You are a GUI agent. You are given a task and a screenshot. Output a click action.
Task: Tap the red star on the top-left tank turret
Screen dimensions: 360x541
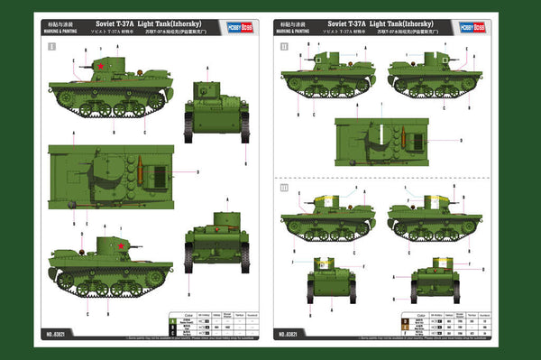[x=102, y=67]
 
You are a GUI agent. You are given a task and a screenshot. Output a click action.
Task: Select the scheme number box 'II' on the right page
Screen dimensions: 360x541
[x=285, y=44]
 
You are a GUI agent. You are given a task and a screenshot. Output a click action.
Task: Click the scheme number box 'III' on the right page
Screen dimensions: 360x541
[x=285, y=189]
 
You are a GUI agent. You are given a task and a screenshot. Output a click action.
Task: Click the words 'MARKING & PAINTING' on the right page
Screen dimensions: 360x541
[x=299, y=29]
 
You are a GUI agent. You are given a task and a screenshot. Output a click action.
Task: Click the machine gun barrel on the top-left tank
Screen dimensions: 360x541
[x=78, y=66]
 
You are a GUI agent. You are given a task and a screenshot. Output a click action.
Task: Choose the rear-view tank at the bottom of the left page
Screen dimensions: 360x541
[x=215, y=239]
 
